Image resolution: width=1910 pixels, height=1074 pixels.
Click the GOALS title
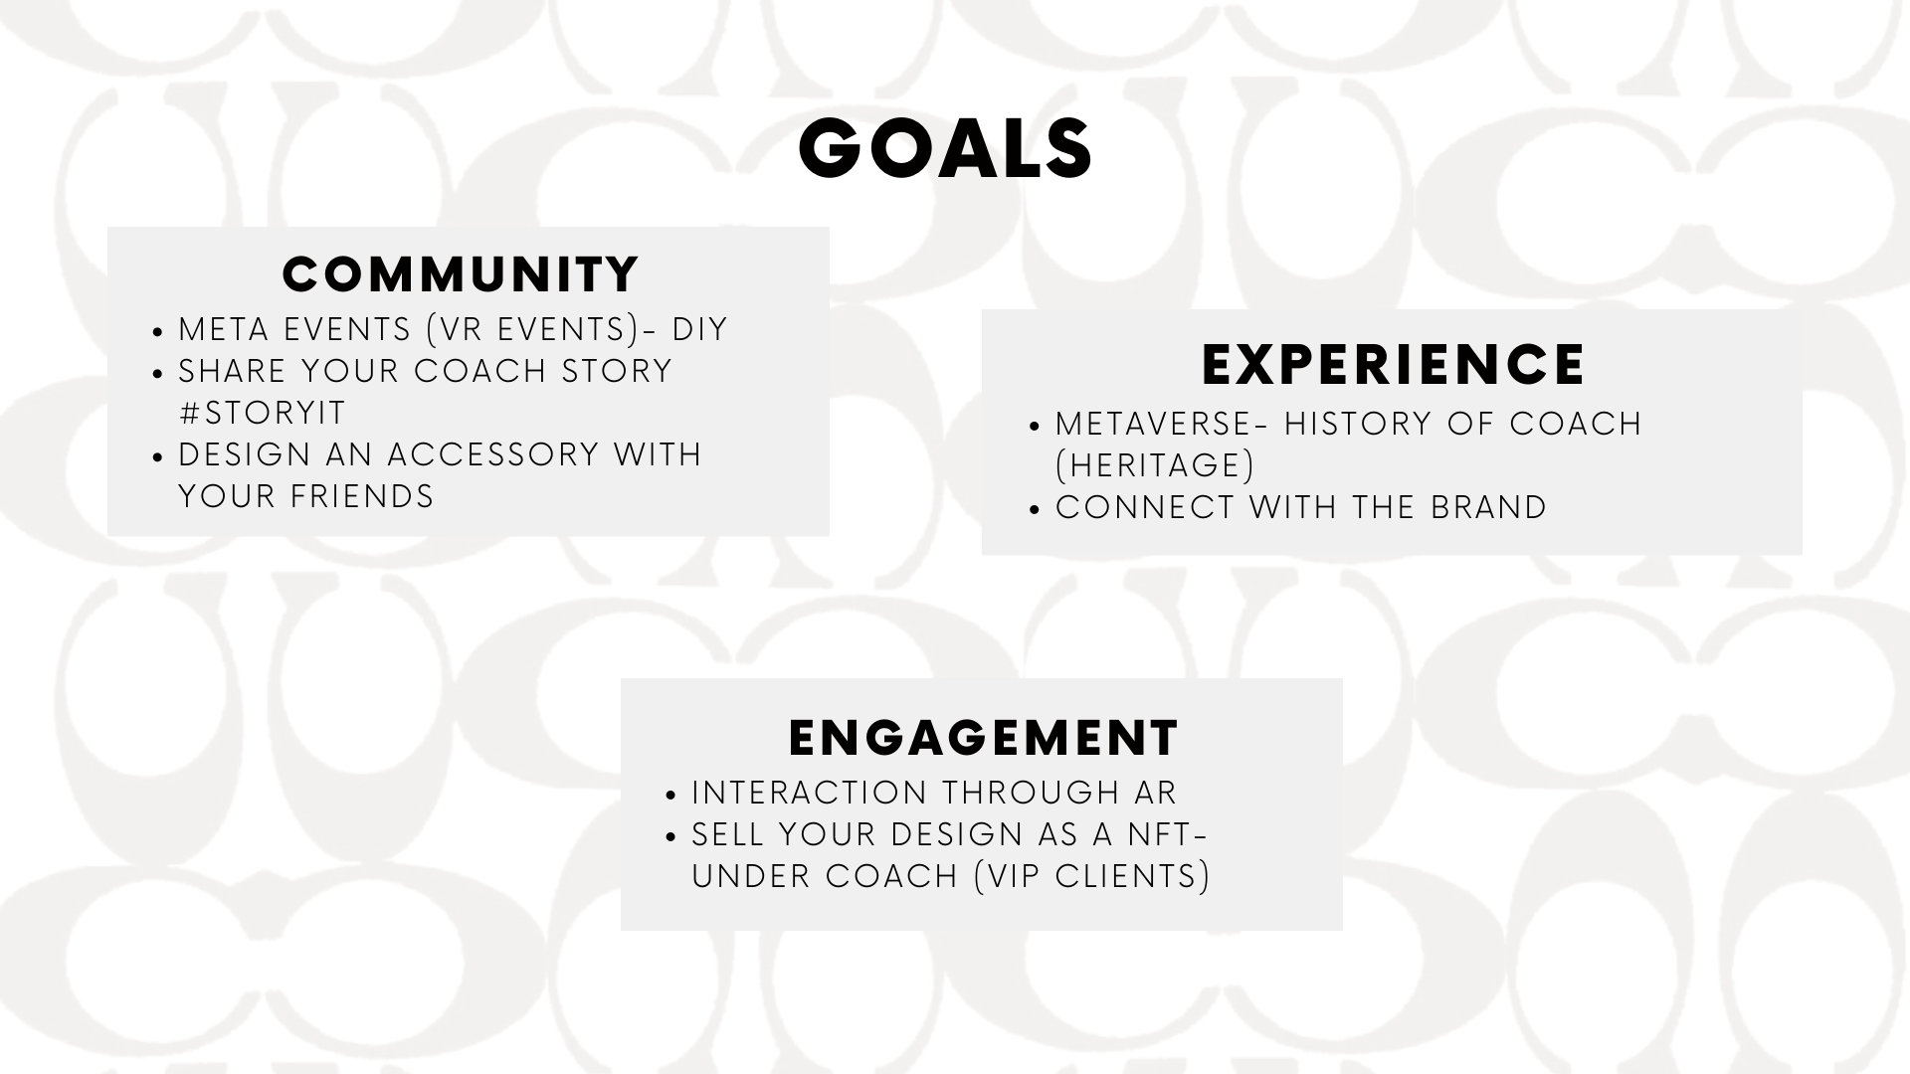945,149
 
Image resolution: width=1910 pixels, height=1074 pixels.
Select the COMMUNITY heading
461,274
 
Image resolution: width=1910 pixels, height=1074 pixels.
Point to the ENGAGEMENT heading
983,738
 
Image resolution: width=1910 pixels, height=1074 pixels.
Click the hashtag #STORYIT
262,413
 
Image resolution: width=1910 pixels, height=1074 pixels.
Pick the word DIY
700,329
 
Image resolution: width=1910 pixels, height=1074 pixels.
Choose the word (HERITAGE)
1155,465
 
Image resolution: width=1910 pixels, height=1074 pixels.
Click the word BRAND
1488,507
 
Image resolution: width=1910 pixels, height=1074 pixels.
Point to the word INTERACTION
810,793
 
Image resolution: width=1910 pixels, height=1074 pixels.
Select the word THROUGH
1031,793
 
